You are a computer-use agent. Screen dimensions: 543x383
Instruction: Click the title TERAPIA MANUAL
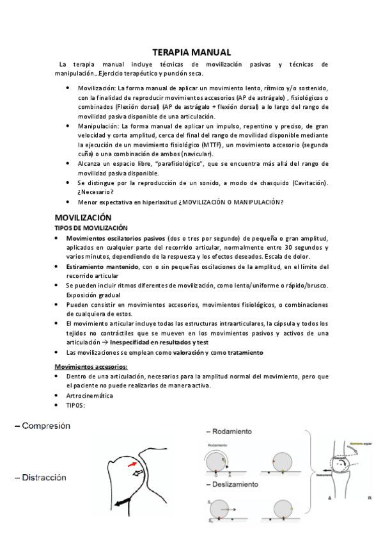192,52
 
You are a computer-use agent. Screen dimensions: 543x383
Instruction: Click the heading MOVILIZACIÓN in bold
83,218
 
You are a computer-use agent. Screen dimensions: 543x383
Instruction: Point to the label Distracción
43,477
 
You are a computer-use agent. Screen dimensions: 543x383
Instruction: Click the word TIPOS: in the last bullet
76,405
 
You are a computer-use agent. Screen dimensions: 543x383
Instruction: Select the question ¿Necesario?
96,192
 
